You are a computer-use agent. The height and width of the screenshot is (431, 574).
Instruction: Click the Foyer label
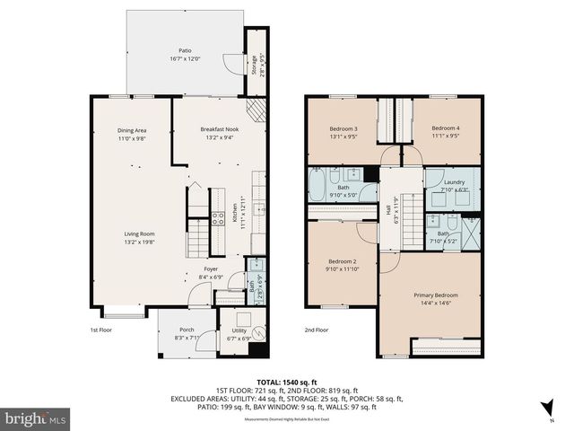click(210, 268)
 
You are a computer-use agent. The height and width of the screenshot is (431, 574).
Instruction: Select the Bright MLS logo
click(36, 418)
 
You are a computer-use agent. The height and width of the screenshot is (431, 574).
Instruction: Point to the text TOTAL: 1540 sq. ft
click(287, 381)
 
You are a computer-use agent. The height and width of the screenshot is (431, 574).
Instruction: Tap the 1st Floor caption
click(100, 330)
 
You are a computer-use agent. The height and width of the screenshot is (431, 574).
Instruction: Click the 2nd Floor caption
click(316, 330)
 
